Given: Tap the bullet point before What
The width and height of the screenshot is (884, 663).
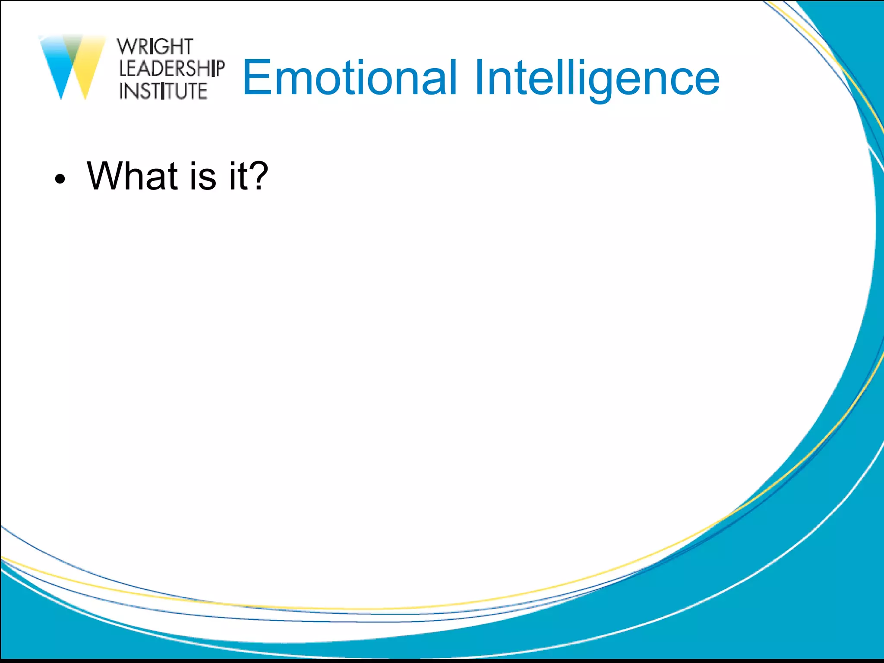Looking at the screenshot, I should [60, 179].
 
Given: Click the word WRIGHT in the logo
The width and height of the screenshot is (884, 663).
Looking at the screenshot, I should [155, 47].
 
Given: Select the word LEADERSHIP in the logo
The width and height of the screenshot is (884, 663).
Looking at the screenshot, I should [171, 69].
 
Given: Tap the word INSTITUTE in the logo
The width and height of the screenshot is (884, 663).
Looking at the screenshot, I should [163, 91].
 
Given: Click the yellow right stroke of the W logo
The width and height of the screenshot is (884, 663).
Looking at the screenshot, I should [91, 65].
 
